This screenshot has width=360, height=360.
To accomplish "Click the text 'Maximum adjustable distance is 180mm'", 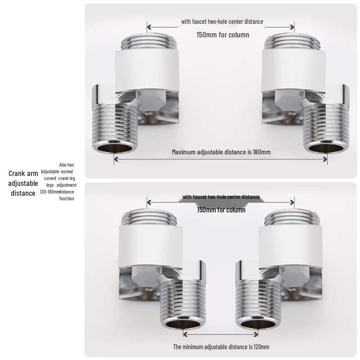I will click(221, 152).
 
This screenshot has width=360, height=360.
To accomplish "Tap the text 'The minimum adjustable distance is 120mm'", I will click(221, 346).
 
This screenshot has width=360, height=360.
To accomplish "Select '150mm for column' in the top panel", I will click(222, 35).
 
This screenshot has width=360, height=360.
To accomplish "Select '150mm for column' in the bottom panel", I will click(221, 210).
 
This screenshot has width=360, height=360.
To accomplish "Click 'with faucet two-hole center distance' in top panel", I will click(222, 21).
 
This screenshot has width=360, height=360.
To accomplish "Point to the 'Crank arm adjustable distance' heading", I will click(23, 183).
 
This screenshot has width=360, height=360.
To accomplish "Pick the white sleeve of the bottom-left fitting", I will click(144, 245).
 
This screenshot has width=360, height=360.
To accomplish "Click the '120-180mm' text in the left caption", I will click(50, 192).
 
